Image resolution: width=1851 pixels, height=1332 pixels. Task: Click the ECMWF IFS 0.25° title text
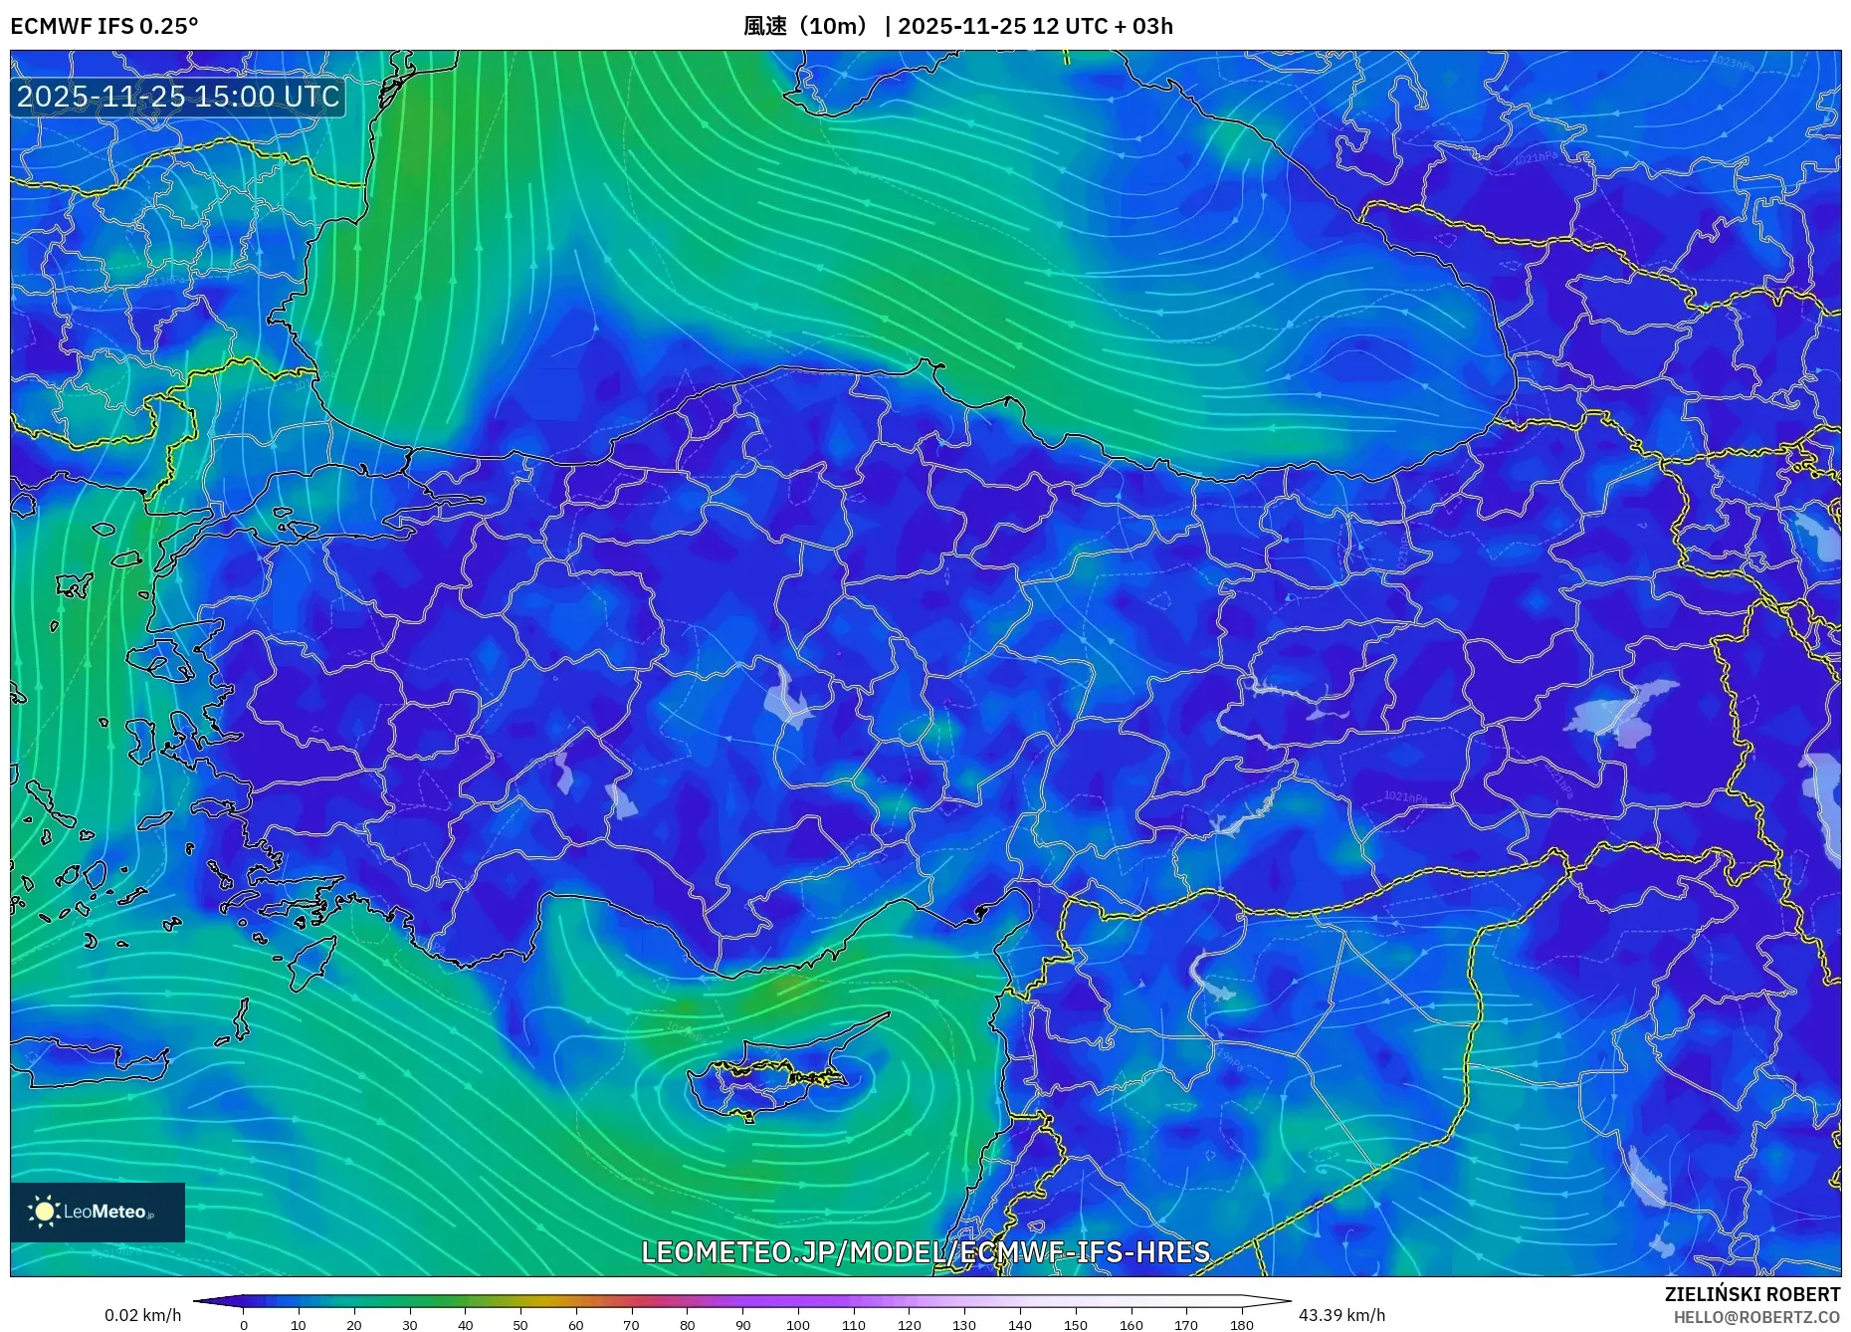point(104,26)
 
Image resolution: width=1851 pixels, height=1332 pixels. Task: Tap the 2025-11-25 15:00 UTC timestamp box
point(178,97)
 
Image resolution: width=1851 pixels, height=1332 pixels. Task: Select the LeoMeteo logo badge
point(98,1212)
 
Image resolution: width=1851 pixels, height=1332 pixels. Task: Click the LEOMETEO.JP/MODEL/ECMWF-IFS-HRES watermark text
point(925,1251)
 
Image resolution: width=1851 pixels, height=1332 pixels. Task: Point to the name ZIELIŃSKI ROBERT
point(1751,1294)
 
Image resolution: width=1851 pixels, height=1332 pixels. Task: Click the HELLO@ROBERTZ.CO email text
point(1755,1317)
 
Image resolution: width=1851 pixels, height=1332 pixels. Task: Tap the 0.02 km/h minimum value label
point(143,1315)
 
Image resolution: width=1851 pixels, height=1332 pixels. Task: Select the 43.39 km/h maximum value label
point(1341,1315)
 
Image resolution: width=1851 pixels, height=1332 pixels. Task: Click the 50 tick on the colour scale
point(520,1324)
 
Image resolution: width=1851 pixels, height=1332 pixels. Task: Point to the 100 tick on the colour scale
point(798,1324)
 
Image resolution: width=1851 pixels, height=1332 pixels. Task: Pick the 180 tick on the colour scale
point(1241,1324)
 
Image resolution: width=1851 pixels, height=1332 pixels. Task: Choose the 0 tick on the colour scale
point(244,1324)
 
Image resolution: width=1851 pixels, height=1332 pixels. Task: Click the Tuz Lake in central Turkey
point(786,697)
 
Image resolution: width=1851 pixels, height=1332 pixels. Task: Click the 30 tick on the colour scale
point(410,1324)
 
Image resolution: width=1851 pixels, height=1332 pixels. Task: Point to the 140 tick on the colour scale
point(1020,1324)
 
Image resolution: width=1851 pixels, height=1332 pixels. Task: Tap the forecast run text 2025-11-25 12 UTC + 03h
point(1035,26)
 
